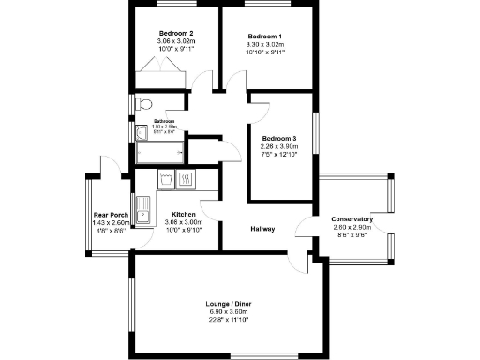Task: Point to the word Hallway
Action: pyautogui.click(x=262, y=229)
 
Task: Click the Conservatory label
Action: pyautogui.click(x=352, y=219)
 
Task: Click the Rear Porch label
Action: pyautogui.click(x=111, y=215)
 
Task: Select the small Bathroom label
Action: pyautogui.click(x=165, y=121)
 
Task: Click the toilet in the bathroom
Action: pyautogui.click(x=142, y=103)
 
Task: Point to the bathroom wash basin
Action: pyautogui.click(x=142, y=131)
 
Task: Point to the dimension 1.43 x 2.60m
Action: pyautogui.click(x=111, y=222)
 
